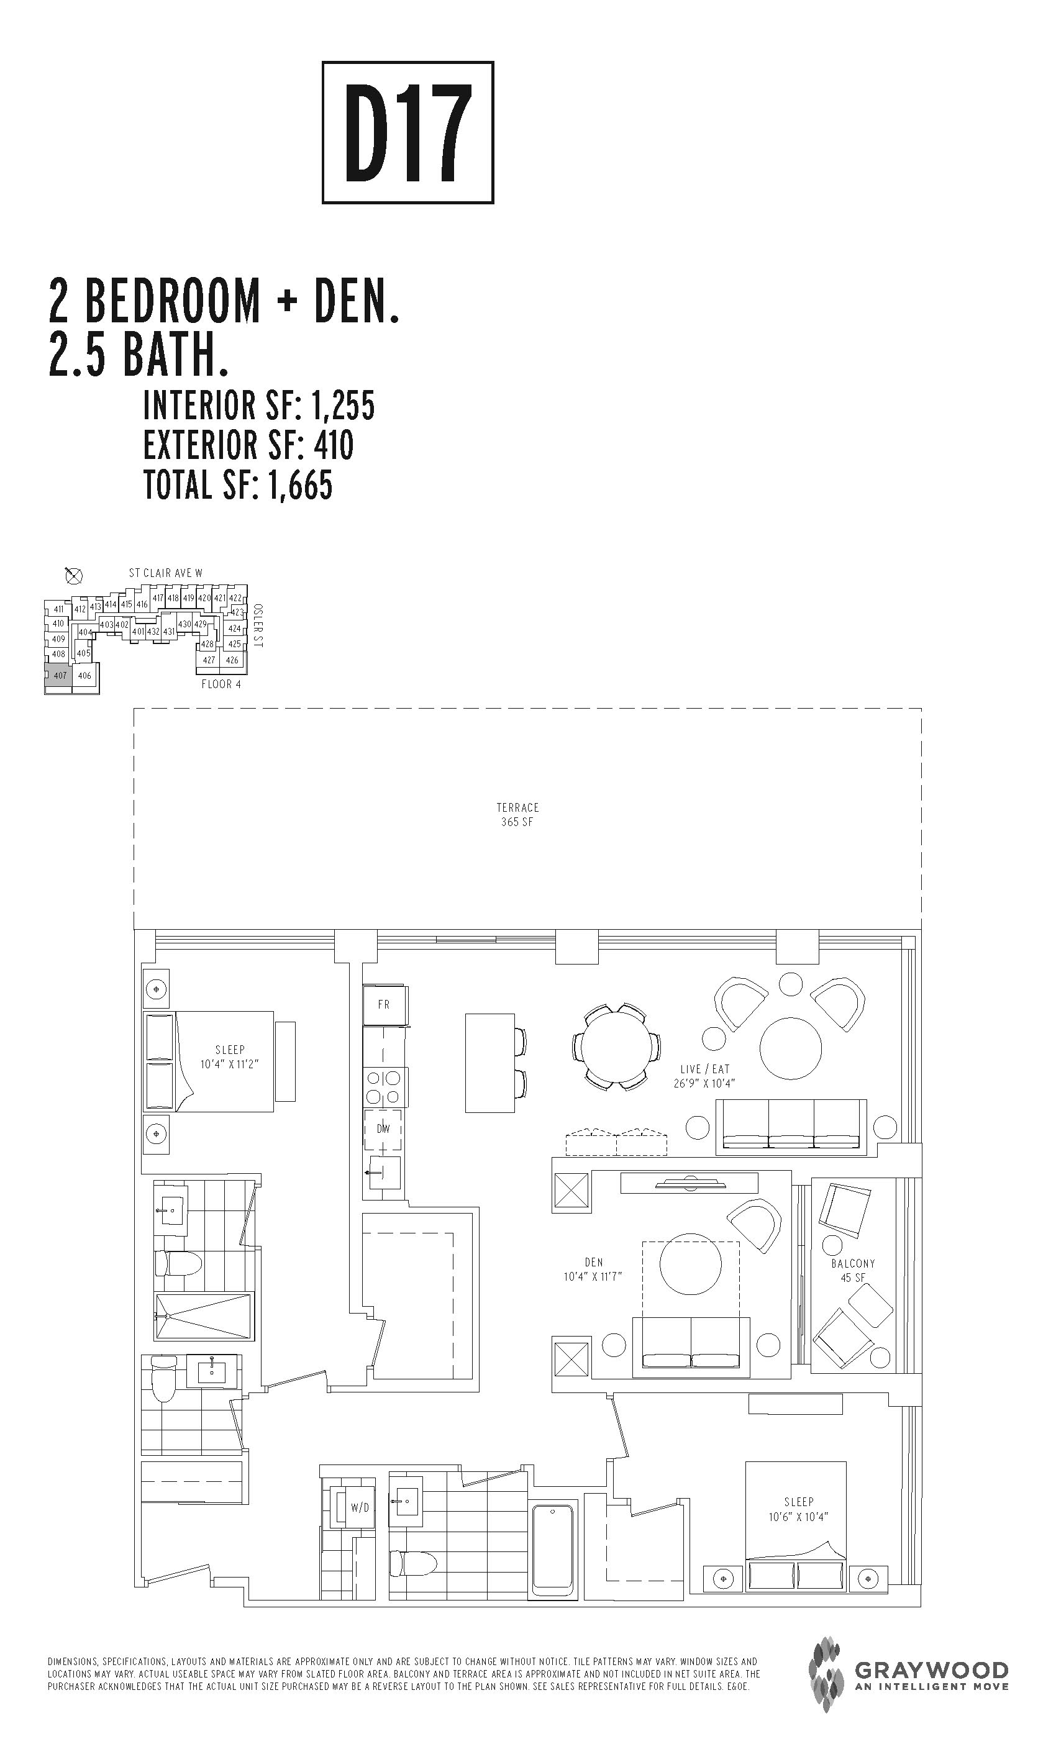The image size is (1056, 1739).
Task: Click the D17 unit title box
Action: click(407, 133)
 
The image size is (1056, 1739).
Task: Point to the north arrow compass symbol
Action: click(73, 576)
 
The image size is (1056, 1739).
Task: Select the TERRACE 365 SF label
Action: click(517, 814)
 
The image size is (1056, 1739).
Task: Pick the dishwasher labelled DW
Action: click(383, 1128)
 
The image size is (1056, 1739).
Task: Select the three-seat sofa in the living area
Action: click(791, 1127)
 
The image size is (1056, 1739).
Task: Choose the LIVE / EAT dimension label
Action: click(704, 1076)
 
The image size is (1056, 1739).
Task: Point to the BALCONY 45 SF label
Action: click(853, 1270)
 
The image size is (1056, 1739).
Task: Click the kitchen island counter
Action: click(490, 1063)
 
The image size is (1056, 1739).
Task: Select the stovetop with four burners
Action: click(383, 1087)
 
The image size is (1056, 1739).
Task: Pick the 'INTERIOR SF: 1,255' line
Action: click(259, 405)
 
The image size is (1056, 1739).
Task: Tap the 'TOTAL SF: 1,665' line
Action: click(238, 485)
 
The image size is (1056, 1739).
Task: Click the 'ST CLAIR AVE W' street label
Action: click(165, 573)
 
